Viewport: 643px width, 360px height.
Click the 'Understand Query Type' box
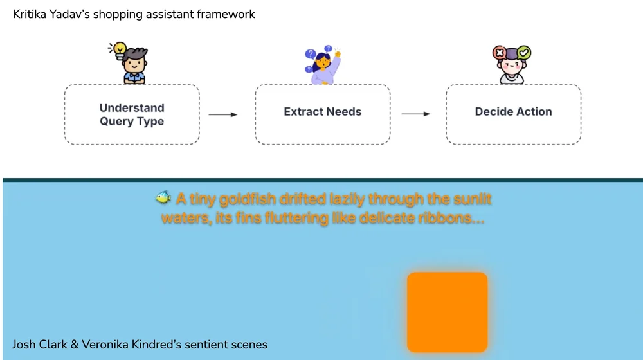(x=132, y=114)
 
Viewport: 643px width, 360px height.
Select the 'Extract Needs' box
(x=322, y=114)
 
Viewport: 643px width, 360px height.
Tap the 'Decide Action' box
(x=513, y=114)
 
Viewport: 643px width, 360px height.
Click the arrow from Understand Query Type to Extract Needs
(x=223, y=114)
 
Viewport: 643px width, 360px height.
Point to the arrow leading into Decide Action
(x=416, y=114)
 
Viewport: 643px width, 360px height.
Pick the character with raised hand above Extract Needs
(x=323, y=67)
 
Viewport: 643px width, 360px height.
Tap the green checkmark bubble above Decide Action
(x=524, y=51)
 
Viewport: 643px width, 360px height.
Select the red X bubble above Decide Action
(x=499, y=52)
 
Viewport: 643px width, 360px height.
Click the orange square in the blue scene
(x=448, y=312)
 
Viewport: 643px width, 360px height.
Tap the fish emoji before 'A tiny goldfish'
(x=163, y=198)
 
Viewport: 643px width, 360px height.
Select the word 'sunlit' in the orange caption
(x=472, y=199)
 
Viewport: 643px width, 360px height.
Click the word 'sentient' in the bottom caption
(x=207, y=345)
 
